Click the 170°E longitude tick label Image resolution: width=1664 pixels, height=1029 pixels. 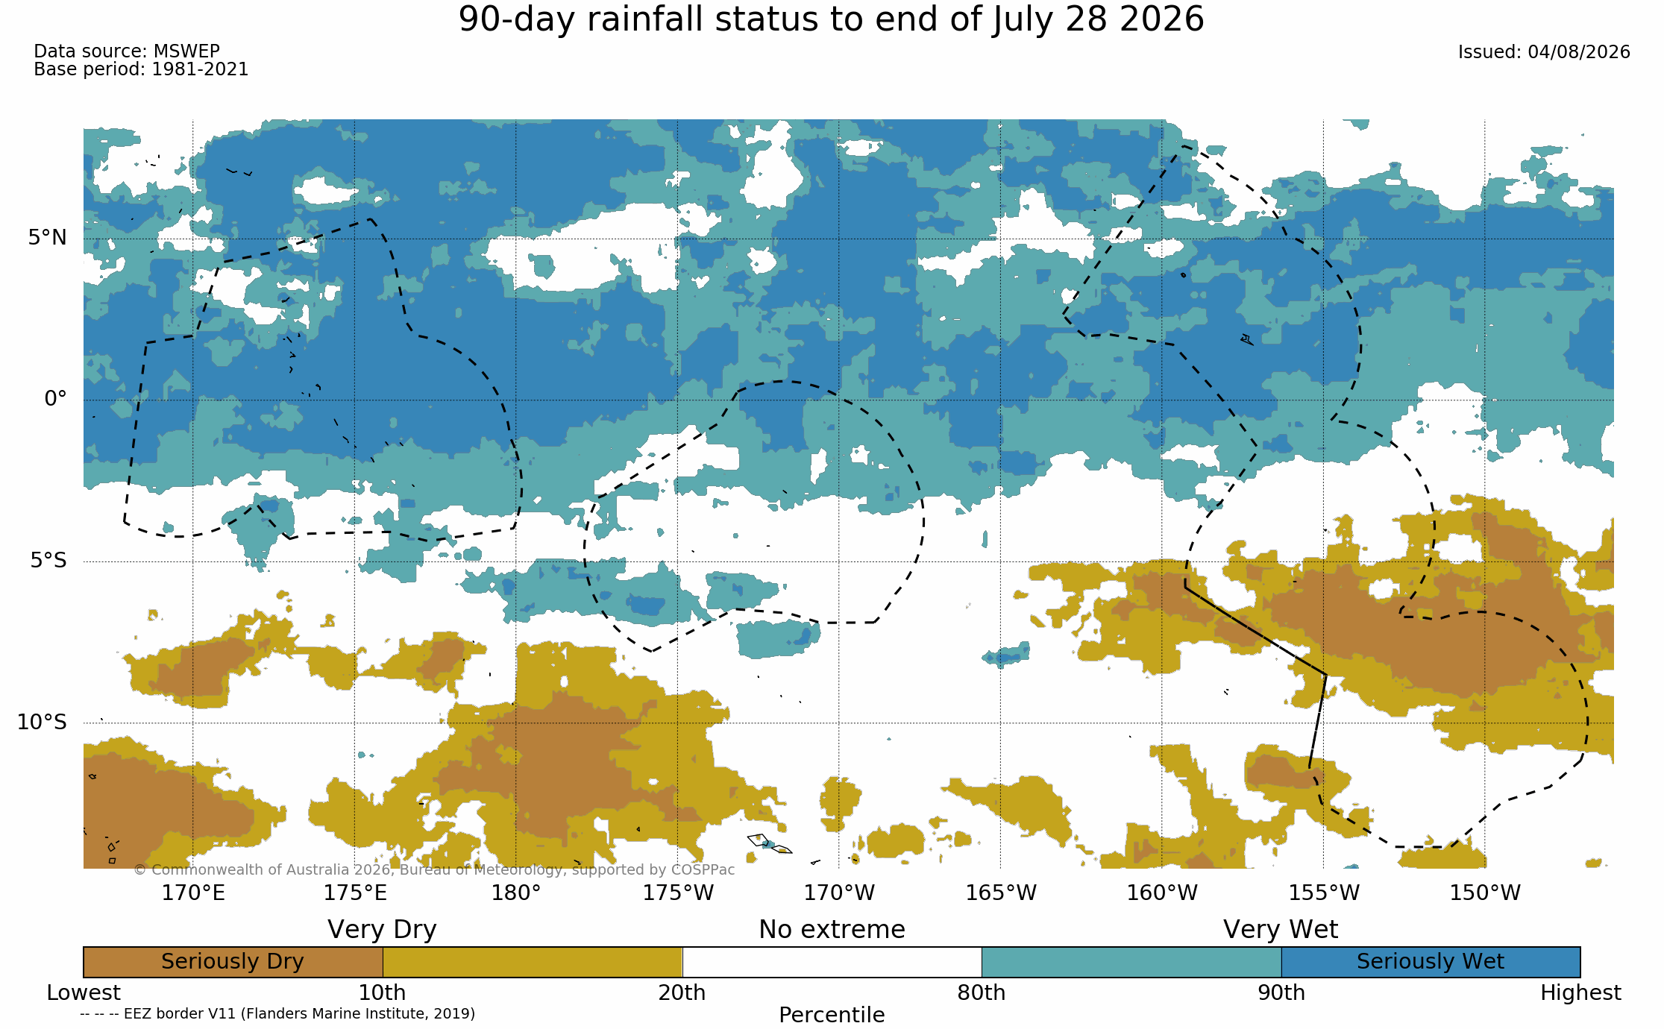coord(193,893)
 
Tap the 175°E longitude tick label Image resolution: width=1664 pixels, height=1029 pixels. coord(355,893)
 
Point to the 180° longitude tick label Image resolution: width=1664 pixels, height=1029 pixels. coord(516,893)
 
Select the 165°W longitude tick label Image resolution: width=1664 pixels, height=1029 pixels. coord(1001,893)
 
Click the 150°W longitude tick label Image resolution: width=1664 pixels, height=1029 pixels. coord(1485,893)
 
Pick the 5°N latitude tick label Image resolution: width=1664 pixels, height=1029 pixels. coord(48,238)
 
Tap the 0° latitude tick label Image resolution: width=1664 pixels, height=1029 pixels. coord(56,399)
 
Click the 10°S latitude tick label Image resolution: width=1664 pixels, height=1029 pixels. coord(43,722)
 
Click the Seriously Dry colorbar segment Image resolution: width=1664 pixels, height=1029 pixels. coord(233,962)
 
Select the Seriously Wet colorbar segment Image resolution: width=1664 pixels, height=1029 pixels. coord(1431,962)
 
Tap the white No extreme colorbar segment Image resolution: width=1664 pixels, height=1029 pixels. coord(832,962)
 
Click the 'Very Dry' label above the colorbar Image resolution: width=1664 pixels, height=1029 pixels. coord(382,930)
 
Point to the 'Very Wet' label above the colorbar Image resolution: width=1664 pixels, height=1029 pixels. coord(1281,930)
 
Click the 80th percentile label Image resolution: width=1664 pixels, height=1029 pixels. coord(982,993)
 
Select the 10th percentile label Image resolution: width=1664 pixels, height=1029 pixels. coord(382,993)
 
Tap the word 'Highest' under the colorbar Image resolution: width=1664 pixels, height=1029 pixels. coord(1580,993)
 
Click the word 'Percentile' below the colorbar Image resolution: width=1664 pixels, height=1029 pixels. coord(832,1015)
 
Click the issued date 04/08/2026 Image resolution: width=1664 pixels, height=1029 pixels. coord(1579,52)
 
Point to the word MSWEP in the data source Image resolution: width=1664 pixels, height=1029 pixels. coord(186,51)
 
